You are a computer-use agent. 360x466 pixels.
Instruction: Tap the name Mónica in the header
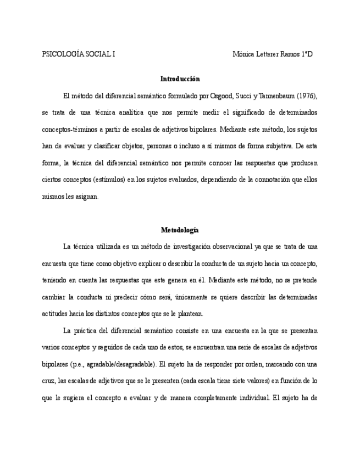coord(243,54)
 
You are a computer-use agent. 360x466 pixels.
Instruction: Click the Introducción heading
coord(180,79)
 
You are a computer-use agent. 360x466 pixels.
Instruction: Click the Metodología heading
coord(180,230)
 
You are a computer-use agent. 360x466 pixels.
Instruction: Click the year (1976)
coord(307,96)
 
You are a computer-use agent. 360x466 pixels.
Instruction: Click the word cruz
coord(49,381)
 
